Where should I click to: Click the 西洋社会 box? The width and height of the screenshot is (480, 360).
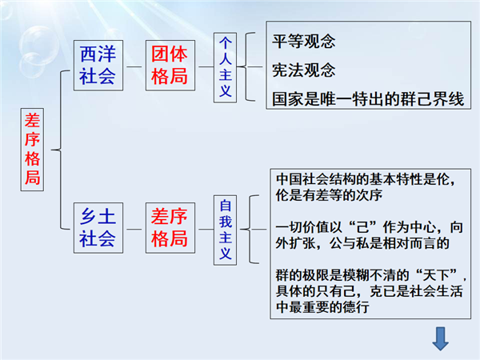98,66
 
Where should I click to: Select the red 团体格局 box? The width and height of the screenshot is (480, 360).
170,66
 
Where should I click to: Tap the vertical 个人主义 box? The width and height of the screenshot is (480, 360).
225,67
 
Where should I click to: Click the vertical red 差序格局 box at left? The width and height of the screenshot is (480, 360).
32,150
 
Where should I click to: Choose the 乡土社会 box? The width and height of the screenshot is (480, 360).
98,228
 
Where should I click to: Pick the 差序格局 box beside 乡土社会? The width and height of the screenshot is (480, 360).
170,228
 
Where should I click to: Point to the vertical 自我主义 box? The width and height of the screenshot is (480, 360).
225,230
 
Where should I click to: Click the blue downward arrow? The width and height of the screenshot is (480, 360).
440,338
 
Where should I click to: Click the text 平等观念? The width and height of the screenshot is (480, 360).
304,42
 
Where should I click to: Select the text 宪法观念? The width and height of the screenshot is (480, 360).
304,70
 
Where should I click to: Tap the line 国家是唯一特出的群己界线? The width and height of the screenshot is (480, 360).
368,99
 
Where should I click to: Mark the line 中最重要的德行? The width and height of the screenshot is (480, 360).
322,307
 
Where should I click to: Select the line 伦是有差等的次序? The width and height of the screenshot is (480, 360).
329,195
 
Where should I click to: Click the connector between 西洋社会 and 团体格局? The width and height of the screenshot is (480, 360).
134,66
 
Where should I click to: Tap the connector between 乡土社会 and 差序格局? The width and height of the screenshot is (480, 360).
134,229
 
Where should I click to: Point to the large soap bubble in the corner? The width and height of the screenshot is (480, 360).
39,43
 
